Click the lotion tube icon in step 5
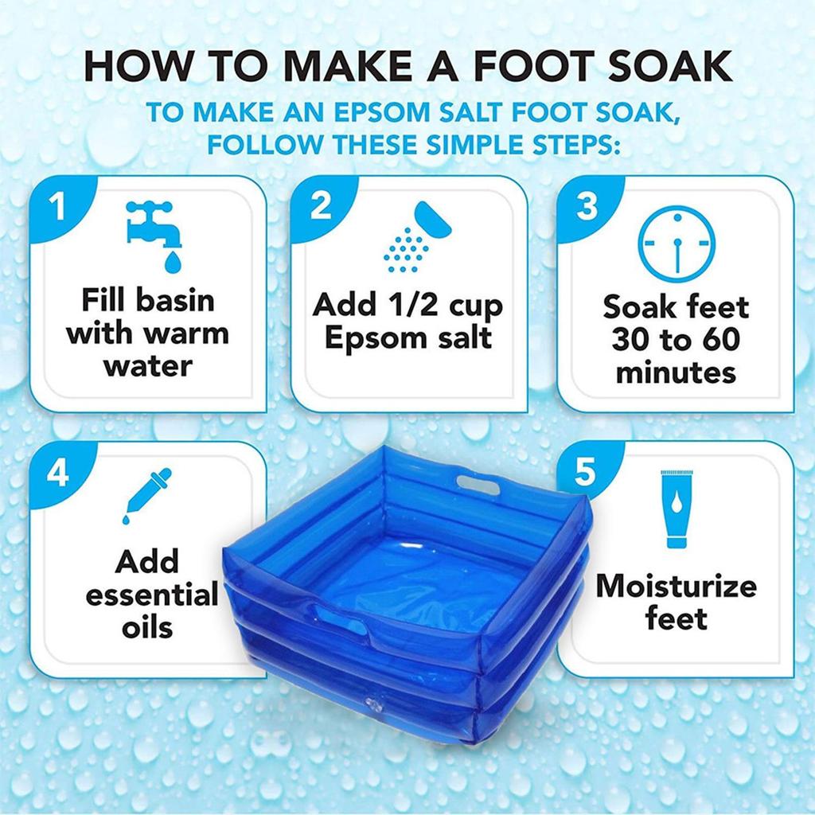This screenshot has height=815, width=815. tap(675, 510)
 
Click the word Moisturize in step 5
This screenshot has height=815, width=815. tap(676, 587)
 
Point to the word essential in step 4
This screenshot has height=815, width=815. tap(151, 595)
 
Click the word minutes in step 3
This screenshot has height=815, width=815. tap(676, 372)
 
